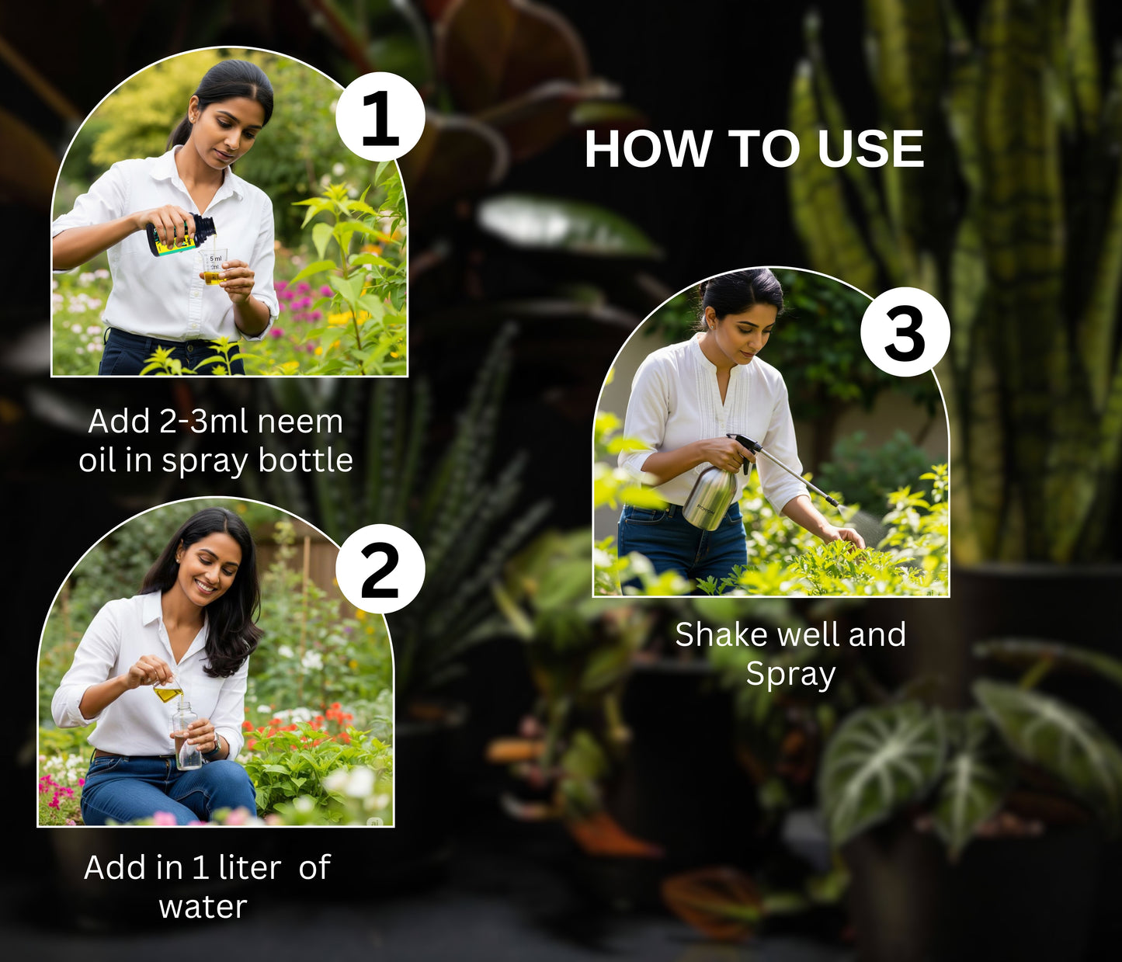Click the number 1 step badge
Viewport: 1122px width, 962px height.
380,116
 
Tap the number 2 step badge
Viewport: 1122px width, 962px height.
380,569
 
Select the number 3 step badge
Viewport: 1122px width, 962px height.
905,332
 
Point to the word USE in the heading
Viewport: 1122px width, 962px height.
870,149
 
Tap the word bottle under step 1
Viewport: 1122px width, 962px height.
305,460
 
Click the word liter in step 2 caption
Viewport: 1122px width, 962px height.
250,867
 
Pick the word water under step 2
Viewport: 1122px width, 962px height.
203,907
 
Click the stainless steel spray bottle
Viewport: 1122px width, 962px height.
710,498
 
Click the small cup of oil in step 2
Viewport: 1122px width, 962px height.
168,692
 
